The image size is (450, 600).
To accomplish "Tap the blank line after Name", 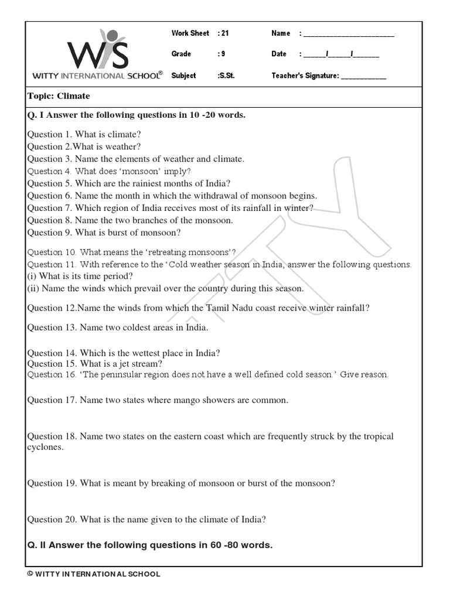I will point(349,34).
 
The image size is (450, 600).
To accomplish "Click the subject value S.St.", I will point(226,76).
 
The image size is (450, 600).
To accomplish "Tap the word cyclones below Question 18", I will point(45,446).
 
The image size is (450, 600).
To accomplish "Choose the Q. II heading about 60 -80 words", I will point(150,545).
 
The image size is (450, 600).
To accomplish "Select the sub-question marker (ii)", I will point(33,288).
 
